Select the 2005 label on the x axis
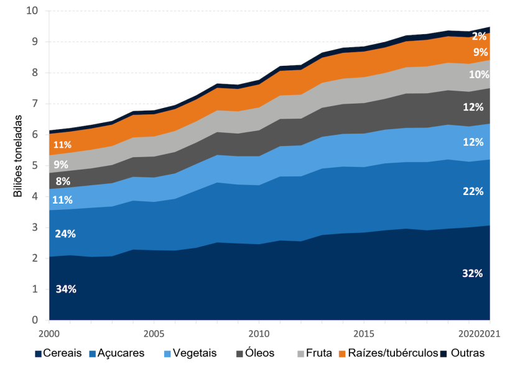pyautogui.click(x=154, y=334)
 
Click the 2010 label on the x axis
pyautogui.click(x=259, y=334)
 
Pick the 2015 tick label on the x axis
pyautogui.click(x=364, y=334)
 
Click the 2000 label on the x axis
pyautogui.click(x=49, y=334)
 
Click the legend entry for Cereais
pyautogui.click(x=62, y=353)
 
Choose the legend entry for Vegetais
pyautogui.click(x=190, y=353)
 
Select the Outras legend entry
pyautogui.click(x=463, y=353)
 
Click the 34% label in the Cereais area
pyautogui.click(x=66, y=289)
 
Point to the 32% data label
pyautogui.click(x=473, y=273)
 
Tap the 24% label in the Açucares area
pyautogui.click(x=66, y=234)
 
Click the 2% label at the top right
pyautogui.click(x=479, y=36)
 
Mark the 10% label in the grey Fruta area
pyautogui.click(x=479, y=75)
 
